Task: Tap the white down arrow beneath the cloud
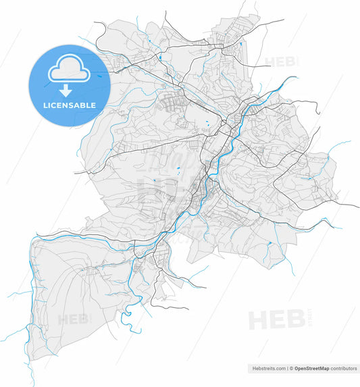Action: point(66,91)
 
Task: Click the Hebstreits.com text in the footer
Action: point(266,369)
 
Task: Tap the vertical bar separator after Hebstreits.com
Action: point(288,369)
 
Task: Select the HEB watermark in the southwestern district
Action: point(72,319)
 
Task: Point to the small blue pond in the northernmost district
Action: point(240,45)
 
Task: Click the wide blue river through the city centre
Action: point(218,159)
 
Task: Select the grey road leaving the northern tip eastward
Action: point(267,23)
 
